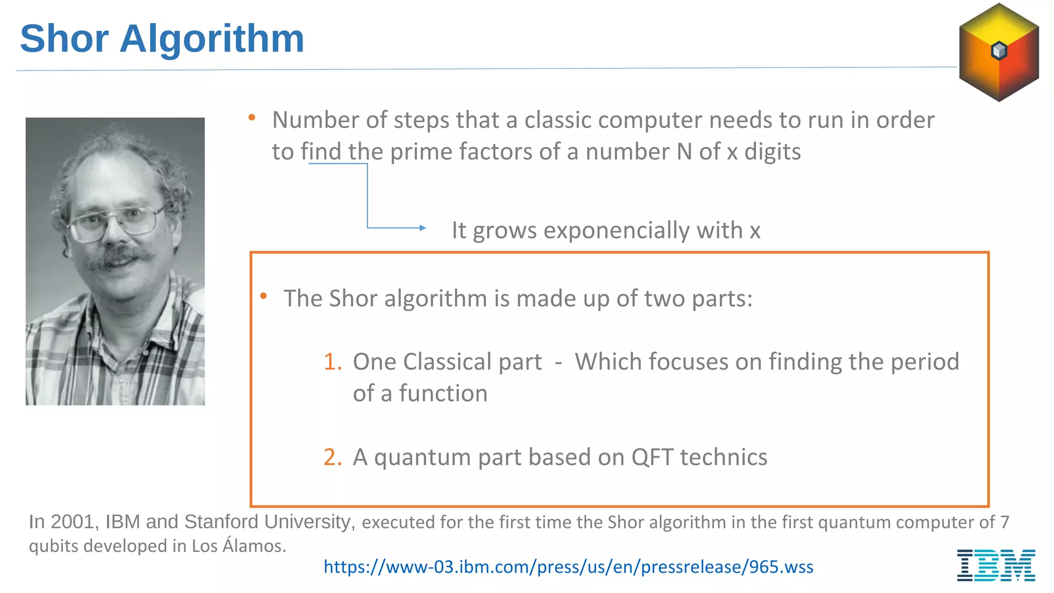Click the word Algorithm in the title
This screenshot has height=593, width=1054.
[x=212, y=40]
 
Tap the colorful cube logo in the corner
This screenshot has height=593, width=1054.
[x=998, y=52]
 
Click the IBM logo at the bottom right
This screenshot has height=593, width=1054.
[x=996, y=565]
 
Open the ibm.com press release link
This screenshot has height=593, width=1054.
[x=568, y=567]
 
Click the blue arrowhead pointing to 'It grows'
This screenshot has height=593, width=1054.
[x=423, y=228]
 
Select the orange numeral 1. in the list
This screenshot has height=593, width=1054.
[x=332, y=362]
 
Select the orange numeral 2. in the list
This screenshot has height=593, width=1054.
[x=332, y=457]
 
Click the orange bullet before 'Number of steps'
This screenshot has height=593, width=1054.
[x=252, y=118]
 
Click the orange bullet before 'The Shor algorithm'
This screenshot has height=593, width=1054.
[x=263, y=296]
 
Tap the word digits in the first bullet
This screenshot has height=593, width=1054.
[x=772, y=152]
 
